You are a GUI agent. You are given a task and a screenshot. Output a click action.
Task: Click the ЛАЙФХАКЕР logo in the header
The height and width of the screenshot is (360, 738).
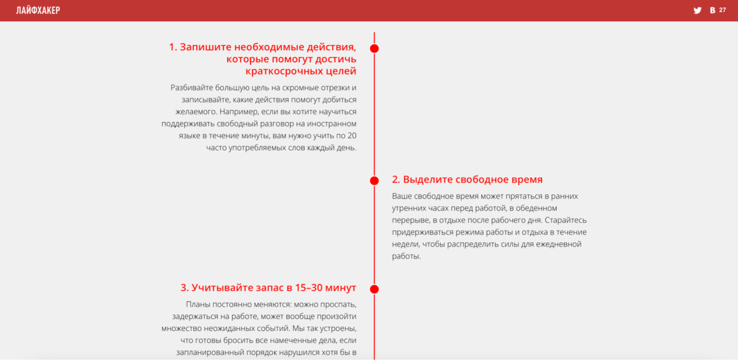click(x=38, y=10)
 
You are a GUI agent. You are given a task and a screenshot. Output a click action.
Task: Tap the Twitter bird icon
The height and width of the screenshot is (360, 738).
click(x=697, y=10)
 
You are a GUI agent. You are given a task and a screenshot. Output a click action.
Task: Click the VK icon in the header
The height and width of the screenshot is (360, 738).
click(x=713, y=10)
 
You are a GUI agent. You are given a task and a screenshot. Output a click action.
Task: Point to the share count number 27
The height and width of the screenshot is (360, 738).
click(x=722, y=10)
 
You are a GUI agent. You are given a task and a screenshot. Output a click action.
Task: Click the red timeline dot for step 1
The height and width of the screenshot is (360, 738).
click(x=375, y=48)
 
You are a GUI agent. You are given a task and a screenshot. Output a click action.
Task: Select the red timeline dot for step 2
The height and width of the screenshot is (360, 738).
click(x=375, y=181)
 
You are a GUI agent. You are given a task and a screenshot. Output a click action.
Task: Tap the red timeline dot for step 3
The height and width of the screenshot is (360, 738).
click(x=375, y=289)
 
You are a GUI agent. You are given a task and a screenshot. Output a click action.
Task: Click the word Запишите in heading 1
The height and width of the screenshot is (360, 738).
click(x=205, y=47)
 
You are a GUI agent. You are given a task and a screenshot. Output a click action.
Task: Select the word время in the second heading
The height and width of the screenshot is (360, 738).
click(x=525, y=179)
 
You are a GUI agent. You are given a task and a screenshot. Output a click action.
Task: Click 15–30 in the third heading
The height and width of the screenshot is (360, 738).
click(x=309, y=288)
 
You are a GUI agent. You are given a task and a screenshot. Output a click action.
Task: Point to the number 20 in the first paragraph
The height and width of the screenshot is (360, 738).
click(x=352, y=136)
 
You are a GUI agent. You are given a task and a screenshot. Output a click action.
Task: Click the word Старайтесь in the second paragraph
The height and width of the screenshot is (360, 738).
click(x=565, y=220)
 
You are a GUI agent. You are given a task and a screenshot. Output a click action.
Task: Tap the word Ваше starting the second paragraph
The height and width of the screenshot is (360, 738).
click(x=402, y=196)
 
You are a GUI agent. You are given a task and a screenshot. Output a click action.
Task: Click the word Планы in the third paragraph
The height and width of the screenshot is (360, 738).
click(x=198, y=304)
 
